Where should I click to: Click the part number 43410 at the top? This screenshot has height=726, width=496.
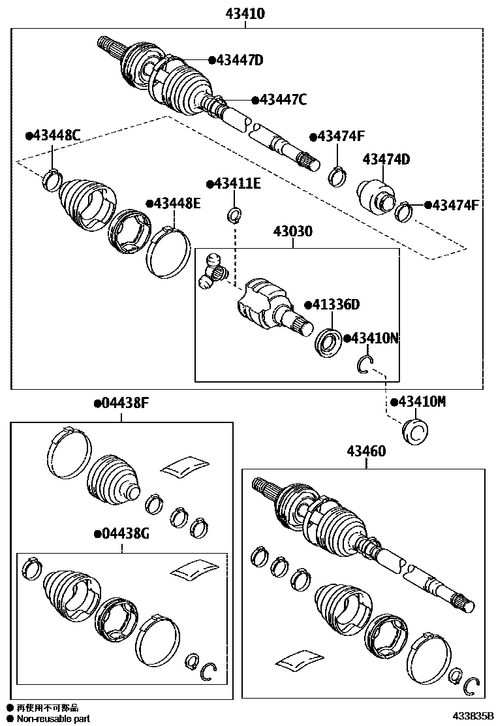(x=246, y=13)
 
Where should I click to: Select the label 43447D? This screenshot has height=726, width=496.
(x=239, y=61)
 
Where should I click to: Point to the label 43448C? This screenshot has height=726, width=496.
(x=56, y=136)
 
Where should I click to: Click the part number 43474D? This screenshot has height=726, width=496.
(x=386, y=159)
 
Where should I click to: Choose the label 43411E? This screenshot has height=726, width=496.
(x=237, y=184)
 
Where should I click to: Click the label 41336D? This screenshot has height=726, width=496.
(x=335, y=304)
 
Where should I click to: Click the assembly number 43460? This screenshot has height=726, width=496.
(x=365, y=451)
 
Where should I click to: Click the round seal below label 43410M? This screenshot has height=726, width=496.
(x=415, y=432)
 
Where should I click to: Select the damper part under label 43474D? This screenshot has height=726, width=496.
(x=377, y=195)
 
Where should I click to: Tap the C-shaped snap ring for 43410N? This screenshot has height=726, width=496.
(x=365, y=366)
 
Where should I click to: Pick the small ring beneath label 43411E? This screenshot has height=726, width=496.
(x=235, y=213)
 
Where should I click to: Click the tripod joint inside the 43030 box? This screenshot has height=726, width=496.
(x=212, y=271)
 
